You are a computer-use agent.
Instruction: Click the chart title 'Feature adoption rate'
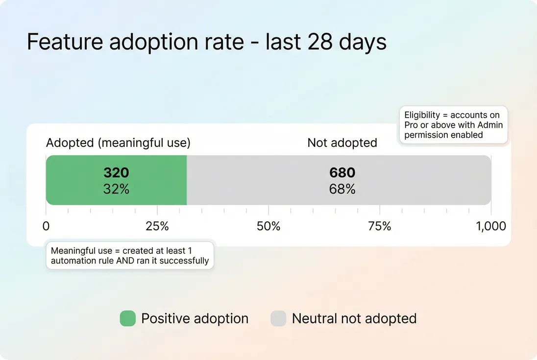(206, 42)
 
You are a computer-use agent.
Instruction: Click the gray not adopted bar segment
(416, 180)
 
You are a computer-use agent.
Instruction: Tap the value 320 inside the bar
(116, 173)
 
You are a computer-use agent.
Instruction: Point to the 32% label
(116, 189)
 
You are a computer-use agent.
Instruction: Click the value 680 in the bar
(342, 173)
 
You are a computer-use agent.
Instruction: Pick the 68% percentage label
(342, 189)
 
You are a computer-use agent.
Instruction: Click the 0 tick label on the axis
(46, 226)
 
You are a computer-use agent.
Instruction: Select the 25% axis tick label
(157, 226)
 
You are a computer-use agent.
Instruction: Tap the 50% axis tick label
(268, 226)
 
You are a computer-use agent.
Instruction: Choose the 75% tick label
(380, 226)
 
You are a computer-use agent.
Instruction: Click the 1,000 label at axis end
(491, 226)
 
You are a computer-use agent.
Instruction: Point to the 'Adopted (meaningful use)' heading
(118, 143)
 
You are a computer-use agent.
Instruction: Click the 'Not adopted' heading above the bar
(342, 143)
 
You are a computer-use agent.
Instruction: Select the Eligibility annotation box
(453, 125)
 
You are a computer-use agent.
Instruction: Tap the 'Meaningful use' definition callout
(130, 255)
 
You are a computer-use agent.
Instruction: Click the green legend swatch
(127, 319)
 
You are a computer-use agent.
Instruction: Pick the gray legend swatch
(278, 319)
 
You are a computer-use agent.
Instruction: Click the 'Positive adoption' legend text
(195, 319)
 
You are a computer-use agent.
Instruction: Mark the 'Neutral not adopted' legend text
(354, 319)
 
